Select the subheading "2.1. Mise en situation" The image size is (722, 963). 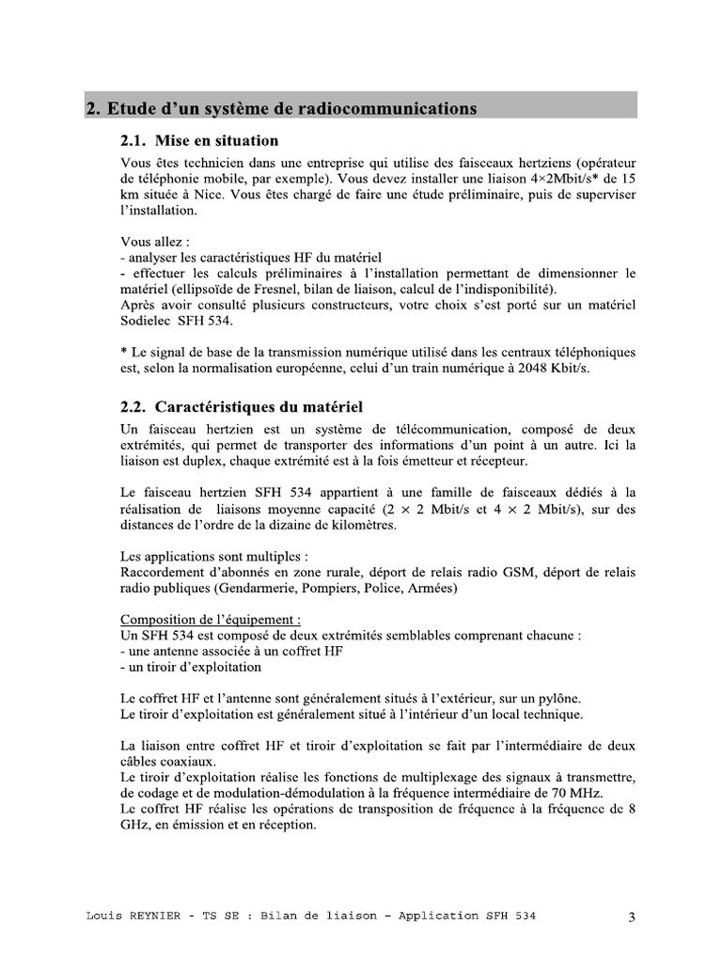[x=199, y=141]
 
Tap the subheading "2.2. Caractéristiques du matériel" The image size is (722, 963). [x=242, y=407]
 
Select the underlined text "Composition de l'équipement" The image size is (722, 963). [x=211, y=620]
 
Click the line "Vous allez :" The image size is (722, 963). [x=155, y=242]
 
